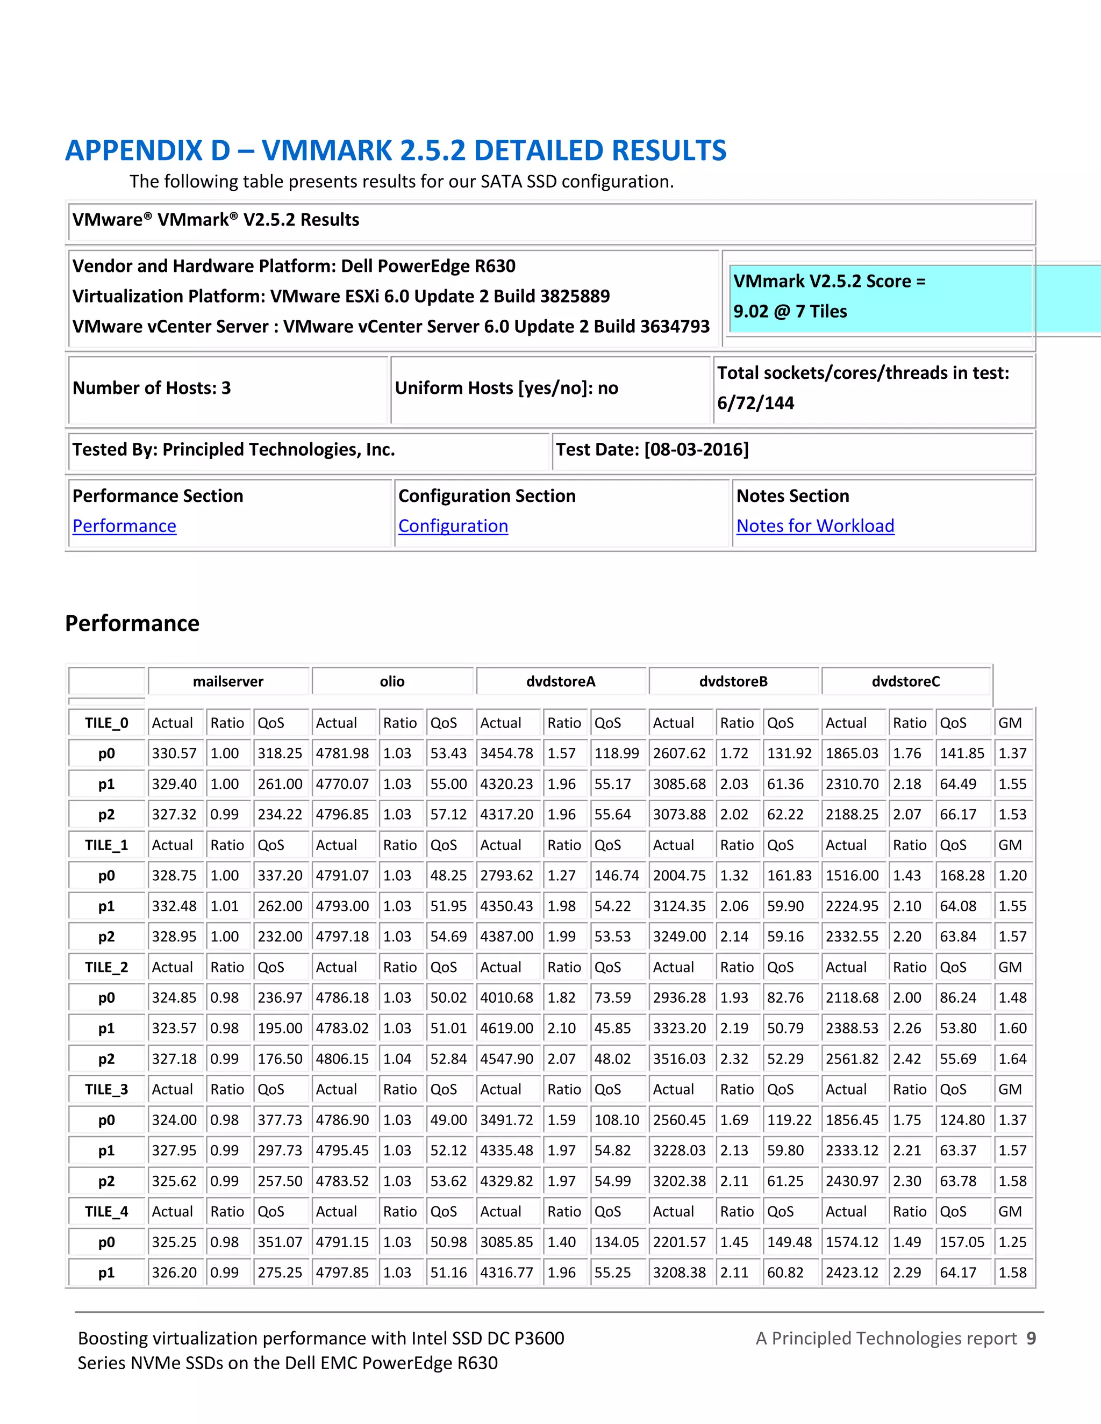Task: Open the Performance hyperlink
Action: pos(124,526)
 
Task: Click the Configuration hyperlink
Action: pos(453,526)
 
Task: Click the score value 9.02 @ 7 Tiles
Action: pos(789,312)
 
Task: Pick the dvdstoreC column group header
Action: pos(905,681)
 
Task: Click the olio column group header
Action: pos(392,681)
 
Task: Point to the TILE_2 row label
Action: pos(106,968)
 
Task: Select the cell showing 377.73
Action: pos(279,1120)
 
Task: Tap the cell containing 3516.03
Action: pos(679,1059)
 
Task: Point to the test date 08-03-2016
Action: pos(696,450)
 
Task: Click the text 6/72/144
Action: pos(755,403)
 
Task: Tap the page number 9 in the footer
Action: pos(1031,1339)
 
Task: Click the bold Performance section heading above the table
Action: pos(132,623)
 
